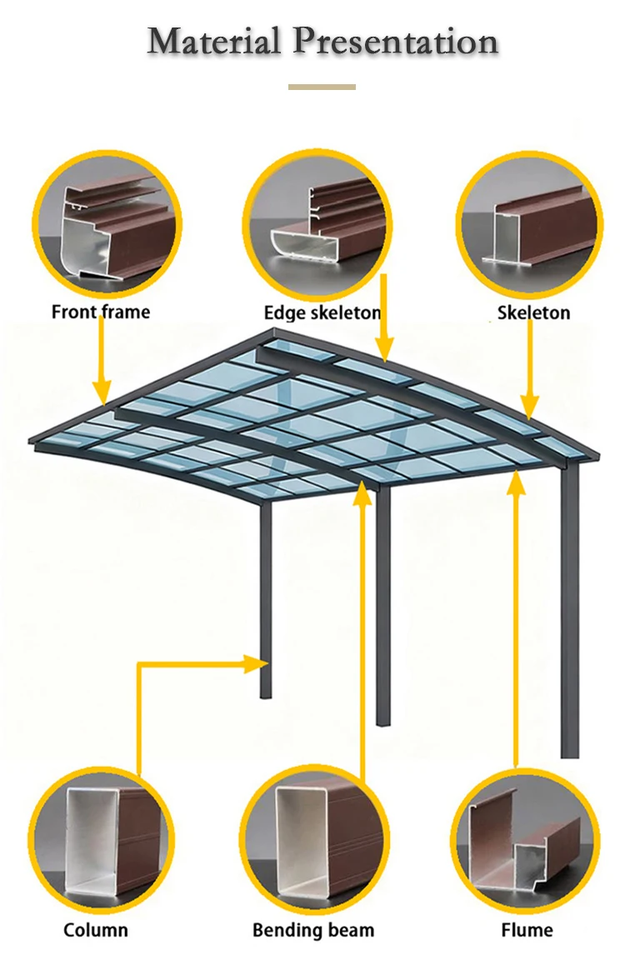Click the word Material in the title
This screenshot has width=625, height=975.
coord(214,41)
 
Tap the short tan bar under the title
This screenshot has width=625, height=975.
coord(322,87)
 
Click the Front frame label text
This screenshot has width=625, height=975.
coord(101,312)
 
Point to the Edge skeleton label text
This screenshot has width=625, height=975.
coord(322,313)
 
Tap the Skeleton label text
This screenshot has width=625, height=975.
coord(534,313)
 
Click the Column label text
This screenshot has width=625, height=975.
coord(96,930)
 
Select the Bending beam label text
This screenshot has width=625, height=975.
coord(313,930)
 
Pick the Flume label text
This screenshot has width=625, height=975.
coord(527,930)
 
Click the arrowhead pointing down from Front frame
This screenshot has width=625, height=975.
coord(102,391)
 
